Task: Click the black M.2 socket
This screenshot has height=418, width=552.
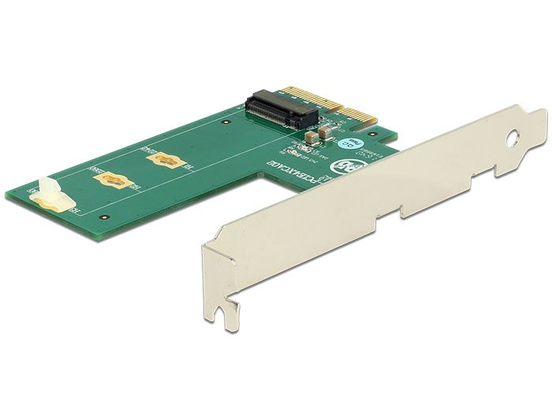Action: coord(282,112)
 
